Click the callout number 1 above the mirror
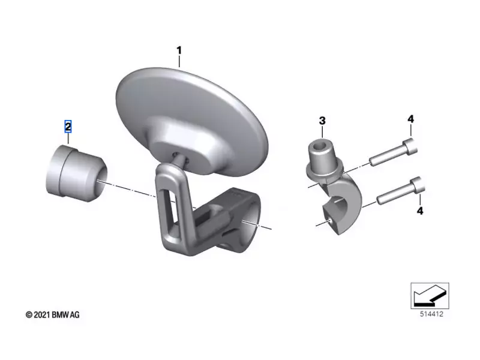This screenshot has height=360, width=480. (178, 47)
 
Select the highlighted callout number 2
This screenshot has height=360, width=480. (68, 127)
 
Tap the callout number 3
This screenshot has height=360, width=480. (322, 121)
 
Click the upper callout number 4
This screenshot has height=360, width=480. (410, 119)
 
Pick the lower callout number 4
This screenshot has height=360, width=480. (420, 211)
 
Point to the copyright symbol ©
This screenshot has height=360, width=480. (29, 314)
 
